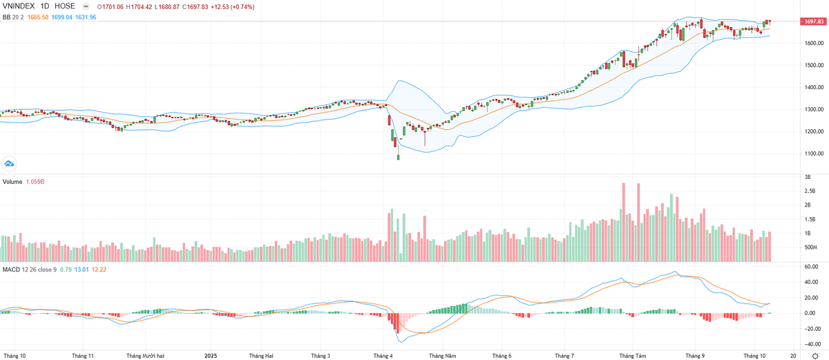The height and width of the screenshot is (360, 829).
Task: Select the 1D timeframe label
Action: pyautogui.click(x=47, y=6)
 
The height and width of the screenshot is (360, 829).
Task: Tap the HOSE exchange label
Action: pyautogui.click(x=65, y=6)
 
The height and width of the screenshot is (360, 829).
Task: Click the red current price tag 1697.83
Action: pyautogui.click(x=812, y=22)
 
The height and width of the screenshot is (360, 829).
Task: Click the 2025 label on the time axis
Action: pyautogui.click(x=212, y=355)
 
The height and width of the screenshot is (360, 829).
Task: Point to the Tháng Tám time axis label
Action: pyautogui.click(x=632, y=355)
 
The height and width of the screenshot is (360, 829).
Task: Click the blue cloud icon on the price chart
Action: pyautogui.click(x=10, y=163)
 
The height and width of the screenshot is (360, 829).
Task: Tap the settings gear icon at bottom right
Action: pyautogui.click(x=814, y=355)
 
